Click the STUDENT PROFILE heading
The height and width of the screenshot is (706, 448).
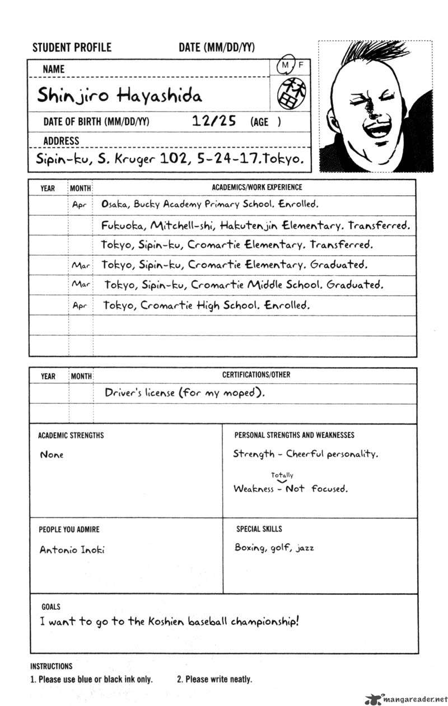(x=72, y=48)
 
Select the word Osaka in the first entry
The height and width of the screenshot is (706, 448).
(x=115, y=204)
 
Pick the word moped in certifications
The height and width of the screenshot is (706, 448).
(x=241, y=393)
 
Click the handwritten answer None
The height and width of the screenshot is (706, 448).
(x=52, y=455)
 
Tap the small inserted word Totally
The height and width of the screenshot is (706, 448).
(x=282, y=475)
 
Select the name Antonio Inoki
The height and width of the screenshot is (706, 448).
(x=72, y=549)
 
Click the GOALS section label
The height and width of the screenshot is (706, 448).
(x=51, y=606)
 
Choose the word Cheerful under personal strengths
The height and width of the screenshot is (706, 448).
(x=310, y=454)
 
